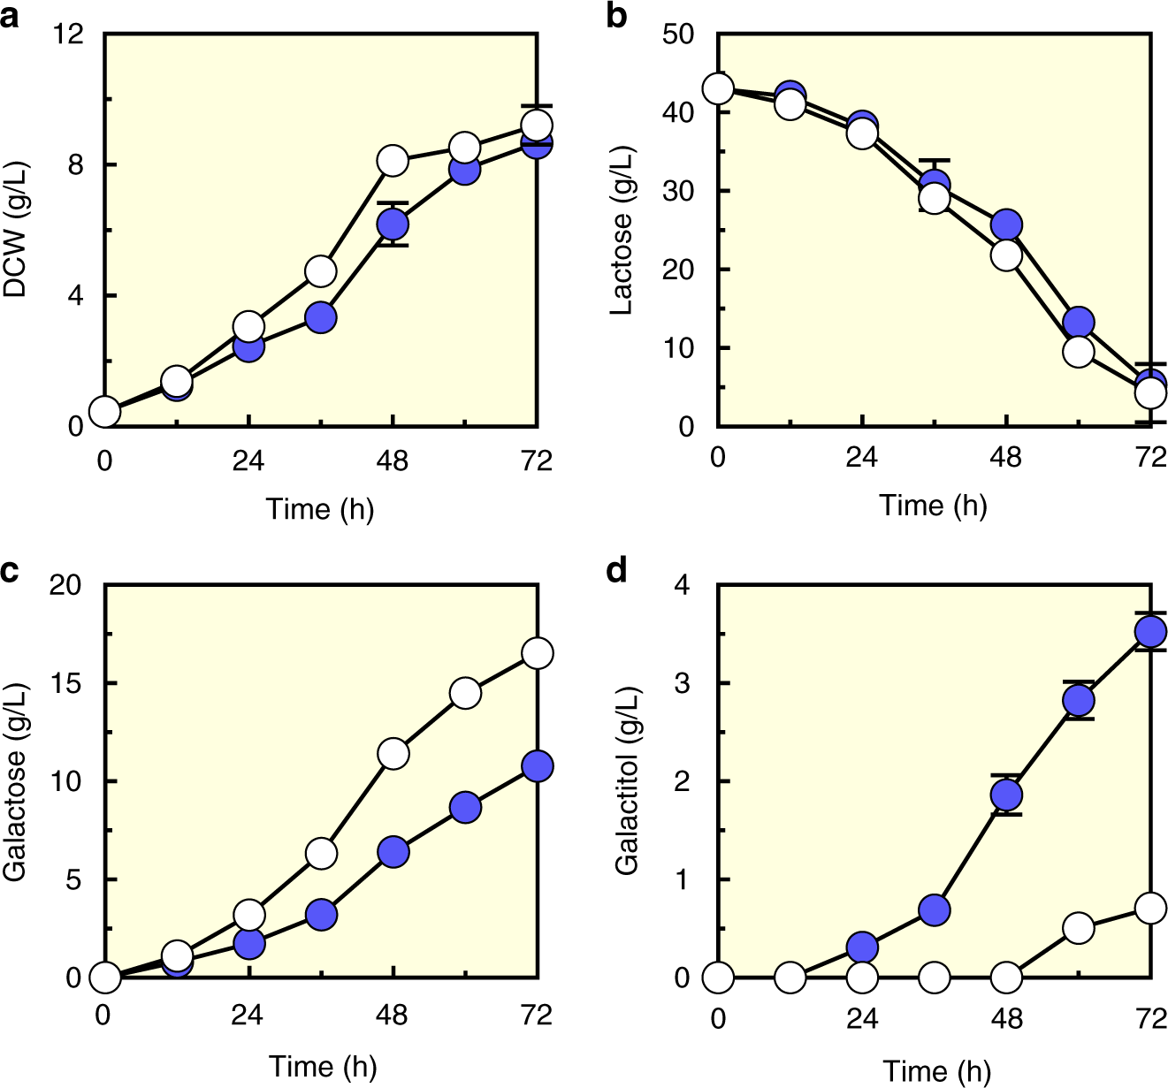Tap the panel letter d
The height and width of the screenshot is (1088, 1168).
[617, 571]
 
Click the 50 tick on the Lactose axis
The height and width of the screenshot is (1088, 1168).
[680, 34]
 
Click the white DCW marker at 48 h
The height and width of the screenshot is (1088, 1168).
[393, 161]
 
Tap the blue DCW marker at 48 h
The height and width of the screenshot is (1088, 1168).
[393, 225]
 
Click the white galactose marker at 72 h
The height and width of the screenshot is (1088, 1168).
[538, 653]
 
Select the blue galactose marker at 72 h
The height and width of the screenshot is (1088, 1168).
[538, 766]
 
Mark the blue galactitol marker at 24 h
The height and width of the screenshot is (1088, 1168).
[862, 947]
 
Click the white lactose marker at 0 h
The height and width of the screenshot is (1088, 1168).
[718, 88]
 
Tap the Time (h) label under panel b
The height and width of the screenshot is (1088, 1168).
[933, 506]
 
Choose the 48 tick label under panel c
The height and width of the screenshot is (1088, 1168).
[392, 1015]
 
